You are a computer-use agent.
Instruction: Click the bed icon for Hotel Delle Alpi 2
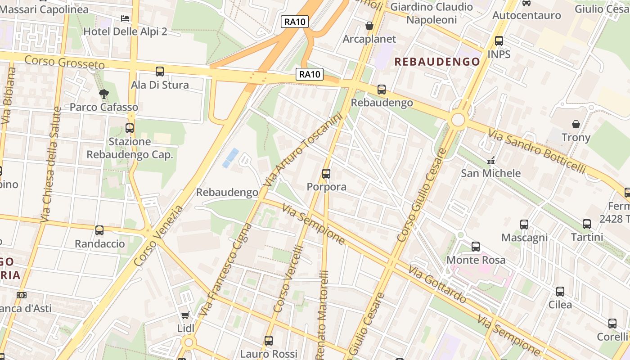pyautogui.click(x=125, y=18)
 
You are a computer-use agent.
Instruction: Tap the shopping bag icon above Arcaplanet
pyautogui.click(x=369, y=26)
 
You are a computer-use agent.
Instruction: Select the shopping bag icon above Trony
pyautogui.click(x=576, y=124)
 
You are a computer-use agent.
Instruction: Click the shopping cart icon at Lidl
pyautogui.click(x=185, y=315)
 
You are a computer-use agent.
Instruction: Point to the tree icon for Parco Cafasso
pyautogui.click(x=104, y=94)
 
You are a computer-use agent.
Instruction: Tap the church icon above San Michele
pyautogui.click(x=491, y=160)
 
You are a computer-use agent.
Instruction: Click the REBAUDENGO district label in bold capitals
pyautogui.click(x=437, y=62)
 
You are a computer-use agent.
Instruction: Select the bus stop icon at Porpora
pyautogui.click(x=326, y=173)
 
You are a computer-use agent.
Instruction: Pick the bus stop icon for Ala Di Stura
pyautogui.click(x=160, y=72)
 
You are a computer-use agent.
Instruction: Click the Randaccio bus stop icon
pyautogui.click(x=99, y=230)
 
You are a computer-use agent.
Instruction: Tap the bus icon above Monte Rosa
pyautogui.click(x=476, y=247)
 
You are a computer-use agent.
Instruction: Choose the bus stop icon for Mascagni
pyautogui.click(x=524, y=224)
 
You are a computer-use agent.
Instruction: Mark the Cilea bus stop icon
pyautogui.click(x=560, y=291)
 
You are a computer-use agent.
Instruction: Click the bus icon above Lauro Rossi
pyautogui.click(x=269, y=341)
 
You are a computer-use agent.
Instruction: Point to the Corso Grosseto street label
pyautogui.click(x=64, y=62)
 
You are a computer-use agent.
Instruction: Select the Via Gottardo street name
pyautogui.click(x=437, y=284)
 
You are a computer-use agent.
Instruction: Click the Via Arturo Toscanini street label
pyautogui.click(x=304, y=150)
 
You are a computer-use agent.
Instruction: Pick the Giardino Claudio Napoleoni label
pyautogui.click(x=431, y=13)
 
